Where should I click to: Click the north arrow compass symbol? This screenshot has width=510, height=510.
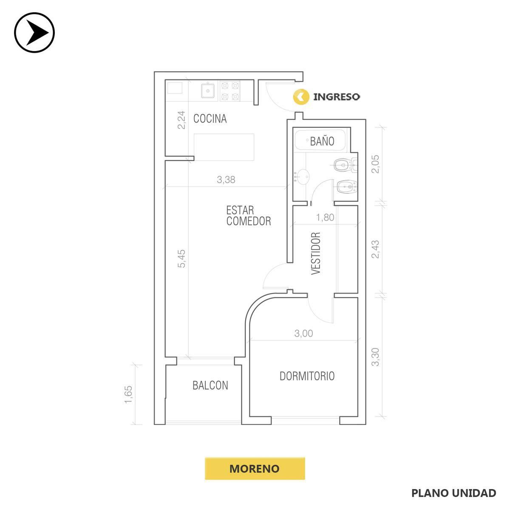(34, 33)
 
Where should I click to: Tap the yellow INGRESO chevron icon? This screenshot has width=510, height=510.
(301, 97)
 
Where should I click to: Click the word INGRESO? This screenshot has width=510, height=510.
(336, 97)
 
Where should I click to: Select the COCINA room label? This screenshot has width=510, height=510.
(210, 119)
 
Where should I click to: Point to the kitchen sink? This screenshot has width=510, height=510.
(208, 91)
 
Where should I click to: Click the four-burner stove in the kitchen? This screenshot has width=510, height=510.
(230, 91)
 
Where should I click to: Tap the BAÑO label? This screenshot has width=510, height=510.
(322, 142)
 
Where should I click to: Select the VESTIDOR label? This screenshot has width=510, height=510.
(316, 253)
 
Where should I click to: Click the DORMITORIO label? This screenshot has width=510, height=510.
(307, 376)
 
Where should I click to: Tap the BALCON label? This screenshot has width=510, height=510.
(210, 385)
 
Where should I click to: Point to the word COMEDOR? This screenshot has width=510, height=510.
(249, 221)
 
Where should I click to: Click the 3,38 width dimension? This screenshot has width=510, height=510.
(226, 180)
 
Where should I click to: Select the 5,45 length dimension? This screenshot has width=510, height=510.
(181, 258)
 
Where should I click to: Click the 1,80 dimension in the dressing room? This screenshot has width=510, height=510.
(325, 217)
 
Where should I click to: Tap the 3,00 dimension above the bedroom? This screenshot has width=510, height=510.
(303, 333)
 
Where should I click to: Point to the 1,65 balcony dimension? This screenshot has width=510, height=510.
(128, 394)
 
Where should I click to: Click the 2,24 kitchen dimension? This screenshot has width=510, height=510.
(181, 120)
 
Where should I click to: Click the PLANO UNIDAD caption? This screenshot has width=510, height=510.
(453, 493)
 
